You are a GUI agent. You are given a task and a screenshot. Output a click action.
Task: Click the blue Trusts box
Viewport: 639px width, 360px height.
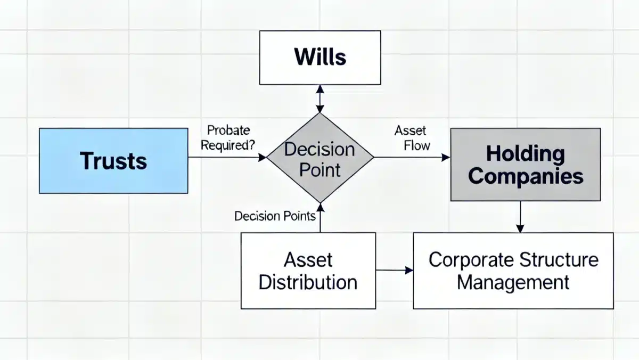pyautogui.click(x=113, y=161)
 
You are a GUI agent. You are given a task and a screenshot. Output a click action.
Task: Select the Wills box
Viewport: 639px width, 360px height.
pyautogui.click(x=320, y=58)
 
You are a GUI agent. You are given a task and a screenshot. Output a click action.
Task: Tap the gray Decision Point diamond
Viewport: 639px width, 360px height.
pyautogui.click(x=320, y=158)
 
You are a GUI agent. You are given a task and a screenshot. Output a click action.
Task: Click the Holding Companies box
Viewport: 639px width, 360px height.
pyautogui.click(x=526, y=165)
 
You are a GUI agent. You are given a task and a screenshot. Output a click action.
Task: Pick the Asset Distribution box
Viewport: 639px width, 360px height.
pyautogui.click(x=308, y=271)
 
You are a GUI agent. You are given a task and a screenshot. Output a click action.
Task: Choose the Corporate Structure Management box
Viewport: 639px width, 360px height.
pyautogui.click(x=513, y=271)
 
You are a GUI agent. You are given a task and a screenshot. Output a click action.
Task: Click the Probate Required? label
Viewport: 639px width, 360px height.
pyautogui.click(x=228, y=138)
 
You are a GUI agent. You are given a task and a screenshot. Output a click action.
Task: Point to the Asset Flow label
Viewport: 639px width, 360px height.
pyautogui.click(x=413, y=138)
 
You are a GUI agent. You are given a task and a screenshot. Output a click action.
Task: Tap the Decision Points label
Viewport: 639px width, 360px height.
pyautogui.click(x=275, y=216)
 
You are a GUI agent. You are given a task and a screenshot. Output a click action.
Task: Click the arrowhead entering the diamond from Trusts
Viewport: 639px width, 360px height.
pyautogui.click(x=262, y=157)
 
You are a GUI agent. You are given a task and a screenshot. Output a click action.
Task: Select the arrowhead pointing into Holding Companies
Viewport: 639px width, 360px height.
pyautogui.click(x=446, y=157)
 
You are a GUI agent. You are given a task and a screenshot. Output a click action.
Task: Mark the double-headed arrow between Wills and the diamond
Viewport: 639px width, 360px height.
pyautogui.click(x=320, y=99)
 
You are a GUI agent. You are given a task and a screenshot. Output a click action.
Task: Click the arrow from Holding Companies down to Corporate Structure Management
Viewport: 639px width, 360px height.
pyautogui.click(x=520, y=217)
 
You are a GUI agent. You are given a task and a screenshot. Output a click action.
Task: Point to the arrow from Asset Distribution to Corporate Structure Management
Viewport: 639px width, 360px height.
pyautogui.click(x=395, y=270)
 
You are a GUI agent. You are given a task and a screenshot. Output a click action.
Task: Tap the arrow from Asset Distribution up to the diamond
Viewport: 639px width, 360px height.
pyautogui.click(x=321, y=218)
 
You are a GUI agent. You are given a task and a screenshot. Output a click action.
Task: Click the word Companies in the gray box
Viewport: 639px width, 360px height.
pyautogui.click(x=526, y=177)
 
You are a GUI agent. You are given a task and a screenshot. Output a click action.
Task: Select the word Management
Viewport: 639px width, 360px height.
pyautogui.click(x=513, y=282)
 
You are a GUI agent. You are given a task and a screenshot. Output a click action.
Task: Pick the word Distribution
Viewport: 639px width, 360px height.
pyautogui.click(x=308, y=282)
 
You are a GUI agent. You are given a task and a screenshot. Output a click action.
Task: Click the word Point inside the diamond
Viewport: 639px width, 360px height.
pyautogui.click(x=320, y=170)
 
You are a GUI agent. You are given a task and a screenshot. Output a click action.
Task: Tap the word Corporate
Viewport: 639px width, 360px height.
pyautogui.click(x=471, y=260)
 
